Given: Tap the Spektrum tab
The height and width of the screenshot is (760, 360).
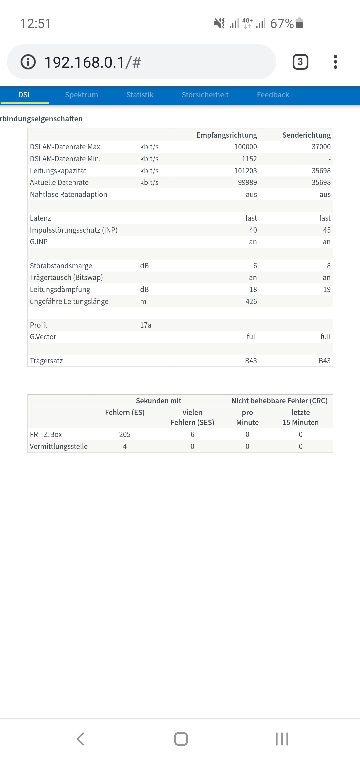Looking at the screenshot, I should click(81, 95).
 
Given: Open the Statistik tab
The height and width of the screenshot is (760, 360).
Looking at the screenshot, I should click(140, 95).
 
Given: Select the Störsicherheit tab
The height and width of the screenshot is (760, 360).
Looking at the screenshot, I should click(205, 95).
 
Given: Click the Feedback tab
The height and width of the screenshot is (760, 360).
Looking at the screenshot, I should click(273, 95).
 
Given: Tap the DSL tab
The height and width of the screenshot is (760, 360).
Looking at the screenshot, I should click(25, 95).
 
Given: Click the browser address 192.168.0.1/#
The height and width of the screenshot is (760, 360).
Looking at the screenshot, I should click(93, 62).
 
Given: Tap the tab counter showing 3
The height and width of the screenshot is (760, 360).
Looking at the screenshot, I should click(300, 62).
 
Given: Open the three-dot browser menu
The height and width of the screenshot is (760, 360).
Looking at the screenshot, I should click(335, 62).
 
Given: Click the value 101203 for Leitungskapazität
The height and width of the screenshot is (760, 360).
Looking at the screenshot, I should click(245, 171).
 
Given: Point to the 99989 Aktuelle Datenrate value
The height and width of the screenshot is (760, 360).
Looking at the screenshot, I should click(247, 183).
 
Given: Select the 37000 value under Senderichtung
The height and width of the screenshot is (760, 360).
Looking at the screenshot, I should click(321, 147).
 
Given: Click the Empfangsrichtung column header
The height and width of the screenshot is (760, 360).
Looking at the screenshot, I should click(227, 135).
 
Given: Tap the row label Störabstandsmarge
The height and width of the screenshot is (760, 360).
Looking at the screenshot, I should click(61, 266).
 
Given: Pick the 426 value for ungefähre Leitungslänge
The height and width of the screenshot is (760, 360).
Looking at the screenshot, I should click(251, 301).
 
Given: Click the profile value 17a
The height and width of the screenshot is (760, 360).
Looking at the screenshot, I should click(146, 325).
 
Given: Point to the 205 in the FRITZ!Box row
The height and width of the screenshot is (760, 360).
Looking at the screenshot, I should click(125, 434).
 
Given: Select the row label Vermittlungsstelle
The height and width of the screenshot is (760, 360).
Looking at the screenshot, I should click(59, 446).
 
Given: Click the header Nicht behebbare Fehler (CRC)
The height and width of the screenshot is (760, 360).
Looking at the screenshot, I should click(279, 401).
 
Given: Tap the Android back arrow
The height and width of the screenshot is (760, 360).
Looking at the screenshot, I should click(80, 739).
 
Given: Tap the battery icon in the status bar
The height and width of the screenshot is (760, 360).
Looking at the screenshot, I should click(299, 23).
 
